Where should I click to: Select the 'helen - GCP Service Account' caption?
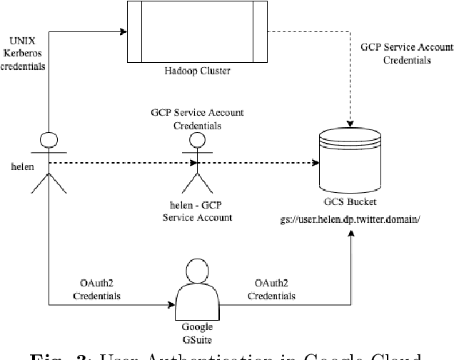point(197,211)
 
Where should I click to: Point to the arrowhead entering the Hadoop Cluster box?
point(122,31)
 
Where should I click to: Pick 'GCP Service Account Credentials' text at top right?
point(406,54)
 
